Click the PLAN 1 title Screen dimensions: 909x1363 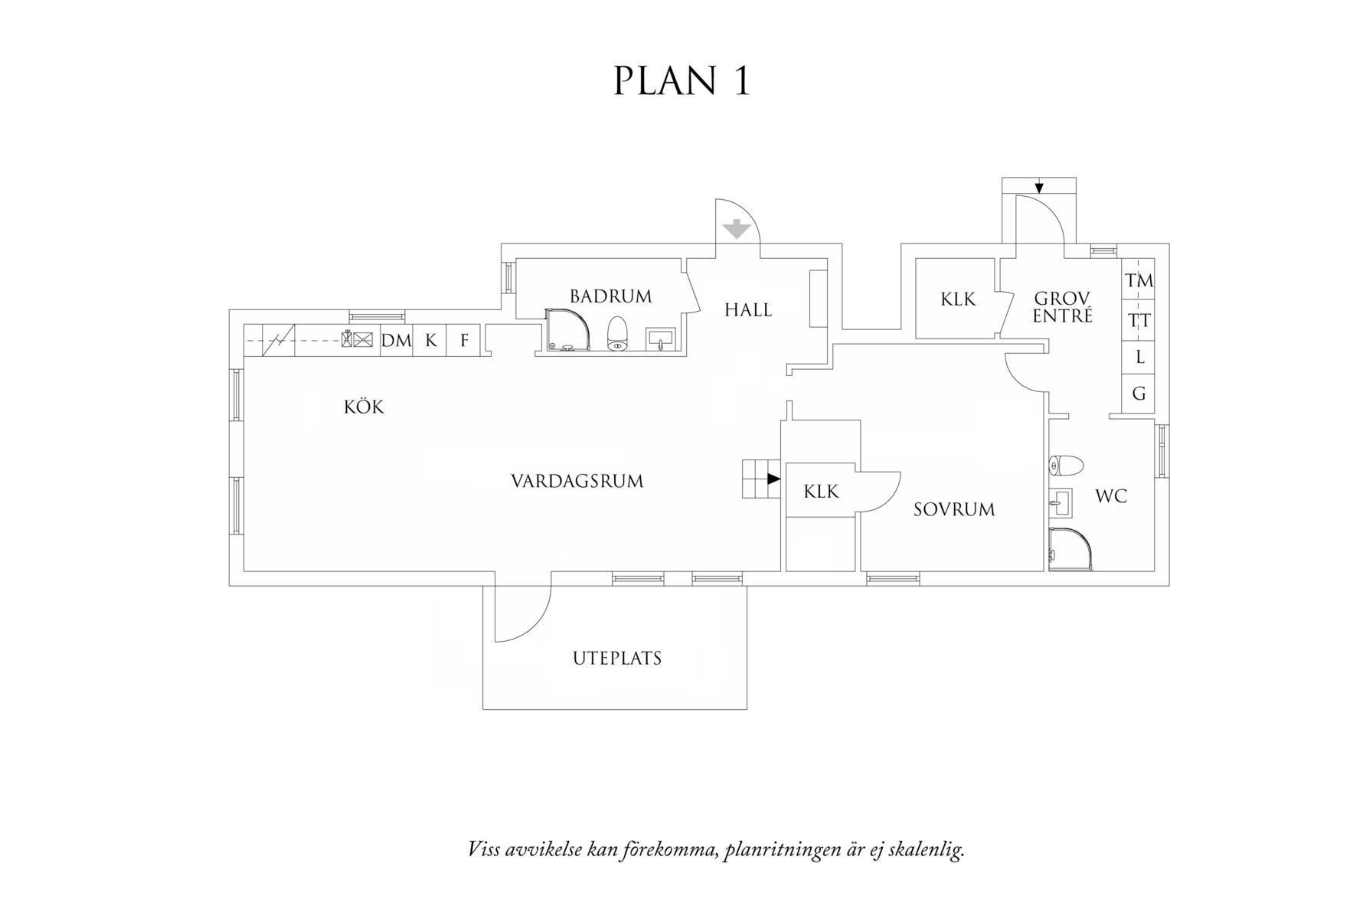pyautogui.click(x=681, y=81)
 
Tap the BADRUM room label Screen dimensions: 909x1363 pyautogui.click(x=610, y=296)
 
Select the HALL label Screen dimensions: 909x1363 pyautogui.click(x=748, y=310)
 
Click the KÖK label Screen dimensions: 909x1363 pyautogui.click(x=364, y=407)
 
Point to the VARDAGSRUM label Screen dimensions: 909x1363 pyautogui.click(x=577, y=482)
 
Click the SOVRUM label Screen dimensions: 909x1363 pyautogui.click(x=953, y=510)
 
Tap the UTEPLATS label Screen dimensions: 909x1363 pyautogui.click(x=616, y=659)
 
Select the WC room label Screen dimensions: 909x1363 pyautogui.click(x=1110, y=497)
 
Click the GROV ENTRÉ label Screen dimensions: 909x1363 pyautogui.click(x=1062, y=307)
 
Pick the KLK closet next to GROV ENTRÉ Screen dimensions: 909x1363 pyautogui.click(x=958, y=299)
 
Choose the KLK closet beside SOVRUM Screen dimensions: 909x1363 pyautogui.click(x=821, y=492)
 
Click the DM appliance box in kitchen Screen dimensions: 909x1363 pyautogui.click(x=396, y=341)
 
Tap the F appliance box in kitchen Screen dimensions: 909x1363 pyautogui.click(x=464, y=341)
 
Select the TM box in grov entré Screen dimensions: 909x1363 pyautogui.click(x=1139, y=282)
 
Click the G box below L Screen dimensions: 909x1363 pyautogui.click(x=1139, y=394)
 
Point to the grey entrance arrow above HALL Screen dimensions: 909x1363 pyautogui.click(x=736, y=228)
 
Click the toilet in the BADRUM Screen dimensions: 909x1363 pyautogui.click(x=618, y=334)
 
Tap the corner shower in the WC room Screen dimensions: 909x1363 pyautogui.click(x=1070, y=550)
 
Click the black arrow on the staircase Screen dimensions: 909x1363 pyautogui.click(x=773, y=479)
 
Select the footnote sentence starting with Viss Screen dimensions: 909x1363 pyautogui.click(x=715, y=850)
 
